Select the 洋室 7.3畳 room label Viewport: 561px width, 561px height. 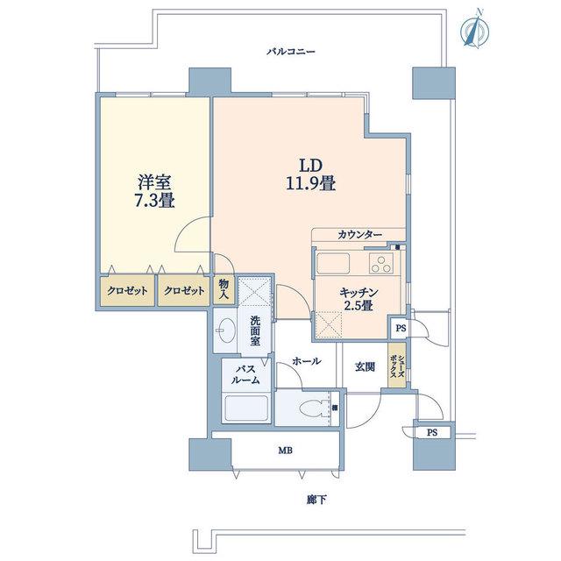point(154,191)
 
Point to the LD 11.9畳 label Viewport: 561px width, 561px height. point(310,174)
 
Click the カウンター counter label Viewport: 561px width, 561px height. point(359,235)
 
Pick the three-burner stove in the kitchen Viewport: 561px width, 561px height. point(381,264)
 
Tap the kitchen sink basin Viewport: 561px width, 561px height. point(333,264)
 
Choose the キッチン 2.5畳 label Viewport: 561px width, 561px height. point(359,299)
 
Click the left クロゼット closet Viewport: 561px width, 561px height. point(127,290)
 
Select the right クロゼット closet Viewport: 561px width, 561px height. point(184,290)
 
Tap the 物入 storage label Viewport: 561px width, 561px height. point(224,290)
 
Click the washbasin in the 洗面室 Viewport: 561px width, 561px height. point(226,330)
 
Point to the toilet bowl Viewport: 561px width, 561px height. point(314,408)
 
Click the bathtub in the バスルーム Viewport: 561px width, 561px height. point(245,408)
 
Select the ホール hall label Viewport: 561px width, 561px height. point(307,361)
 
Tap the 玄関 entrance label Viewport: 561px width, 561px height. point(365,366)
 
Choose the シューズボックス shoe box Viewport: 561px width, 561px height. point(397,365)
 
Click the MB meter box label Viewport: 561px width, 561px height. point(286,451)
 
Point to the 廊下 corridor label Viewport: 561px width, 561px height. point(316,500)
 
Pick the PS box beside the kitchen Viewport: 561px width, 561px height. point(400,328)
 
